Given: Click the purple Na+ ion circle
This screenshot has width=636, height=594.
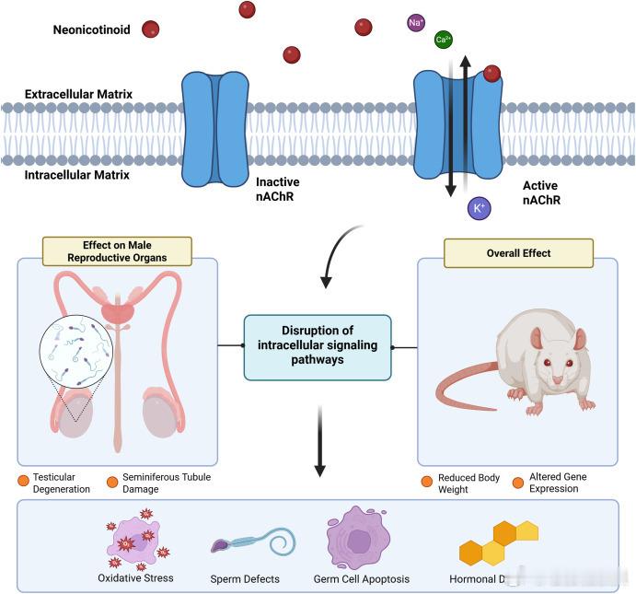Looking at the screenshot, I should point(416,22).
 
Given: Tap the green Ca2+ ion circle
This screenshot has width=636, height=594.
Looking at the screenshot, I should point(444,39).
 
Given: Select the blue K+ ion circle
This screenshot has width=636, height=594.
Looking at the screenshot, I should point(479,209).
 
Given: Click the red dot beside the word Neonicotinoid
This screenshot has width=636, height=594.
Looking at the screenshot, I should point(150,29).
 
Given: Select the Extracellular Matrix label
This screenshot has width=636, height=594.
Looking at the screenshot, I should point(79,94).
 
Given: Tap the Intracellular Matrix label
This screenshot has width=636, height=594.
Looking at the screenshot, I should point(77,175).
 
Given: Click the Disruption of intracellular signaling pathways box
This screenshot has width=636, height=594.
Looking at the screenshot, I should point(318,346).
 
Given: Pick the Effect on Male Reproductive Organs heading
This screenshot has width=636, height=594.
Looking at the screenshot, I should point(117,250).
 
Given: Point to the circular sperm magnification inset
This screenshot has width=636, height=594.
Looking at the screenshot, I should point(75,351).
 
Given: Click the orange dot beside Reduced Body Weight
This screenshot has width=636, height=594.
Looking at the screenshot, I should point(427,482).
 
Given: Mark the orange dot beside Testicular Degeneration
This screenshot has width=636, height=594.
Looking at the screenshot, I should point(23,482).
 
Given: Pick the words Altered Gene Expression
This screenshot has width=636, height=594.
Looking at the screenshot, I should point(557,483).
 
